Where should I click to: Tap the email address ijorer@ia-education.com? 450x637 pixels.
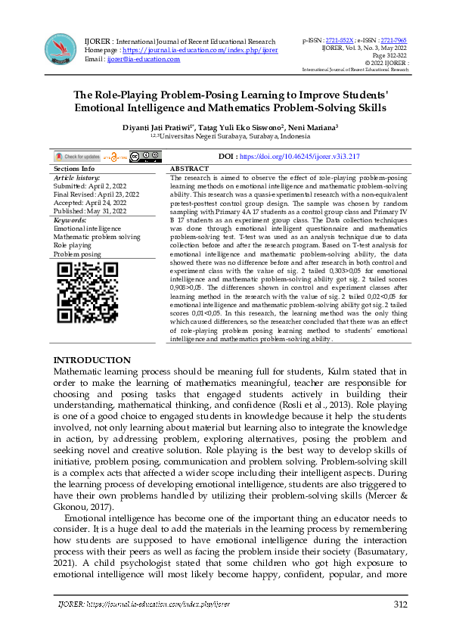[143, 58]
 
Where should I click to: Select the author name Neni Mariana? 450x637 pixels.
[312, 129]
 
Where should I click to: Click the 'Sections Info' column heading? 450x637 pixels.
[75, 169]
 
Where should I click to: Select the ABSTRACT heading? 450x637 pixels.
[190, 169]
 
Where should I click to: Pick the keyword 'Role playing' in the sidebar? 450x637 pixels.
[72, 246]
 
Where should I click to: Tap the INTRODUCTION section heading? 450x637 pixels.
[92, 360]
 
